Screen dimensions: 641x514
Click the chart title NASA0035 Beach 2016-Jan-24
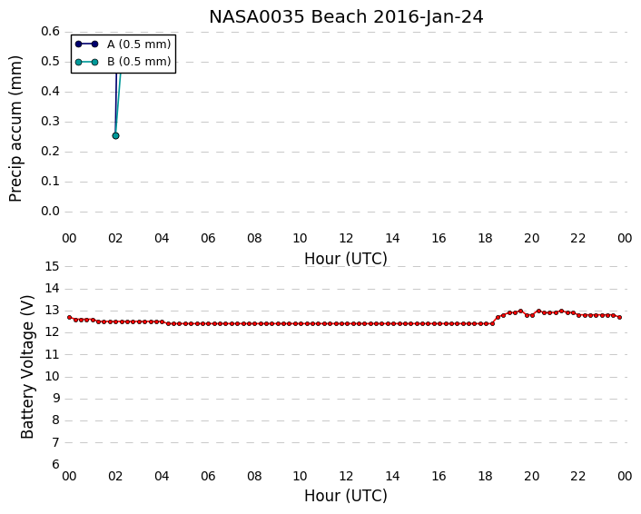coord(346,17)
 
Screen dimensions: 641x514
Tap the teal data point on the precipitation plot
coord(115,135)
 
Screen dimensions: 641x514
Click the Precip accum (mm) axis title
coord(15,129)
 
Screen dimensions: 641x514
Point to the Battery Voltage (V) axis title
coord(27,367)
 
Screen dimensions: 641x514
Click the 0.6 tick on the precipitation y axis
coord(50,32)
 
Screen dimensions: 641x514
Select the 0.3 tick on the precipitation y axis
coord(50,122)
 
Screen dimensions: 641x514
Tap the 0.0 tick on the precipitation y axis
coord(50,212)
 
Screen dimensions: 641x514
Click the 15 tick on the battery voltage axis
coord(52,267)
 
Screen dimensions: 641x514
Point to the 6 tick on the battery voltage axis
coord(55,465)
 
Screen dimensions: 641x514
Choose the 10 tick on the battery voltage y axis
coord(52,377)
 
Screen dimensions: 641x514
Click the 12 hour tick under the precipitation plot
coord(346,238)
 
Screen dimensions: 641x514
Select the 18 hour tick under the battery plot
coord(485,477)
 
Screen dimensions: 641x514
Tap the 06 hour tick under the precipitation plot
coord(208,238)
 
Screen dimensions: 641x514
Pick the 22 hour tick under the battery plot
coord(578,477)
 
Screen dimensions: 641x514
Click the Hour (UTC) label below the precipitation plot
coord(346,259)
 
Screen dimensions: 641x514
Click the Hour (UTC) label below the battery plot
coord(346,496)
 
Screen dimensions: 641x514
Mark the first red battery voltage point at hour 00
coord(70,317)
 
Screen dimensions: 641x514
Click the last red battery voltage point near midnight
coord(620,317)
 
